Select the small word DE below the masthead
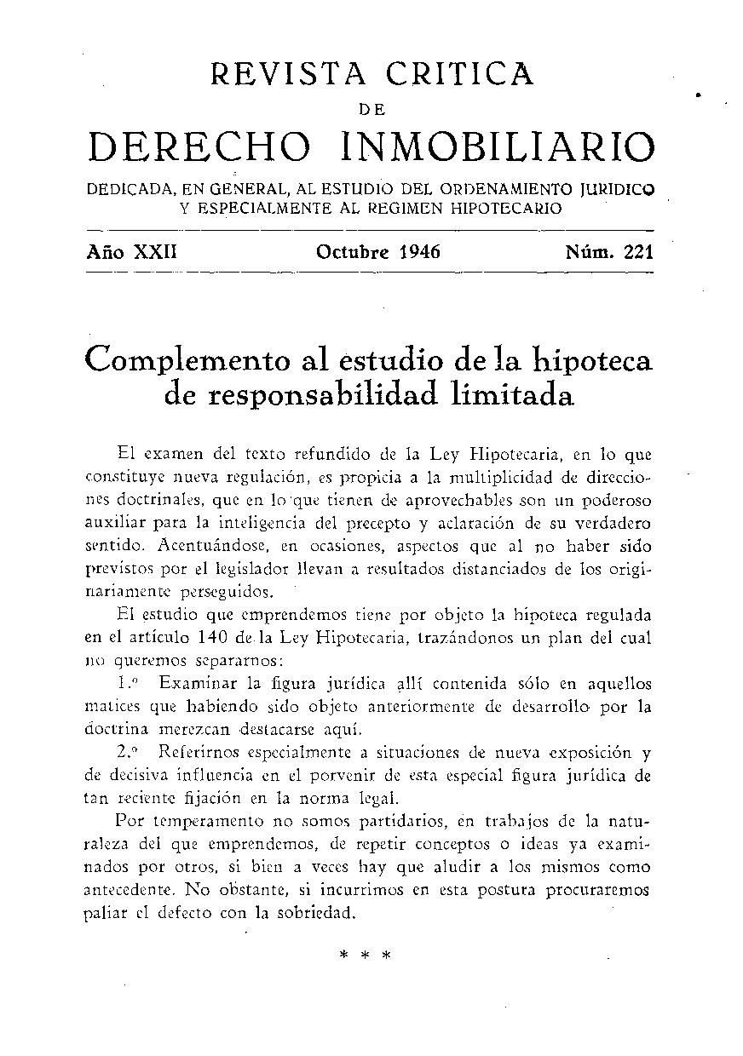371,109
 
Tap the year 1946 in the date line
412,252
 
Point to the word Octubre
352,252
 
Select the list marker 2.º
130,753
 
